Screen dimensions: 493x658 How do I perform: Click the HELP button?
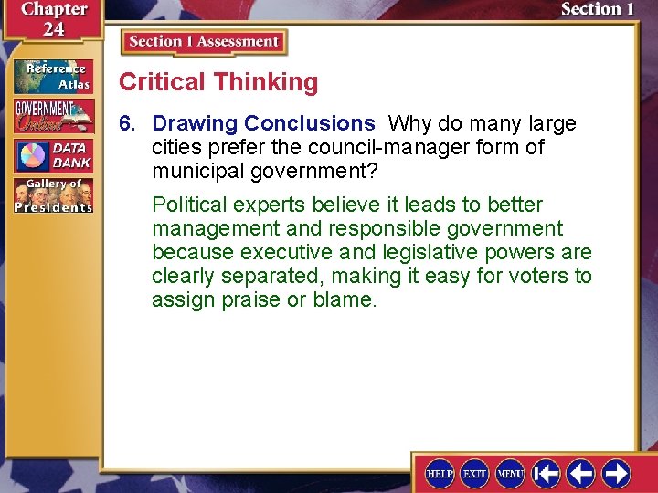440,473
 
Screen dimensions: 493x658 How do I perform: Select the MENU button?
510,473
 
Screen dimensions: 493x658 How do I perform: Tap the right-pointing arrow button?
616,473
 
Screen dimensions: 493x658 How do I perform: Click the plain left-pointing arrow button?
581,473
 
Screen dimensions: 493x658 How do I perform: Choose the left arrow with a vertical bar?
547,473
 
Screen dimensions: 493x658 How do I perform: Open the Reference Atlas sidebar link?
53,77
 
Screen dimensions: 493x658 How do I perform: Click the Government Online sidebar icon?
53,115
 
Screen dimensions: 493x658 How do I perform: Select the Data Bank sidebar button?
53,155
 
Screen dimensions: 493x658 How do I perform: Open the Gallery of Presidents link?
53,195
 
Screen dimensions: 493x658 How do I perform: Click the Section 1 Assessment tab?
204,42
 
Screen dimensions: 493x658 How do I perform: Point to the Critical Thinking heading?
218,82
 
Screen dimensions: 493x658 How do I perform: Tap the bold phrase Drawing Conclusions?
263,123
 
